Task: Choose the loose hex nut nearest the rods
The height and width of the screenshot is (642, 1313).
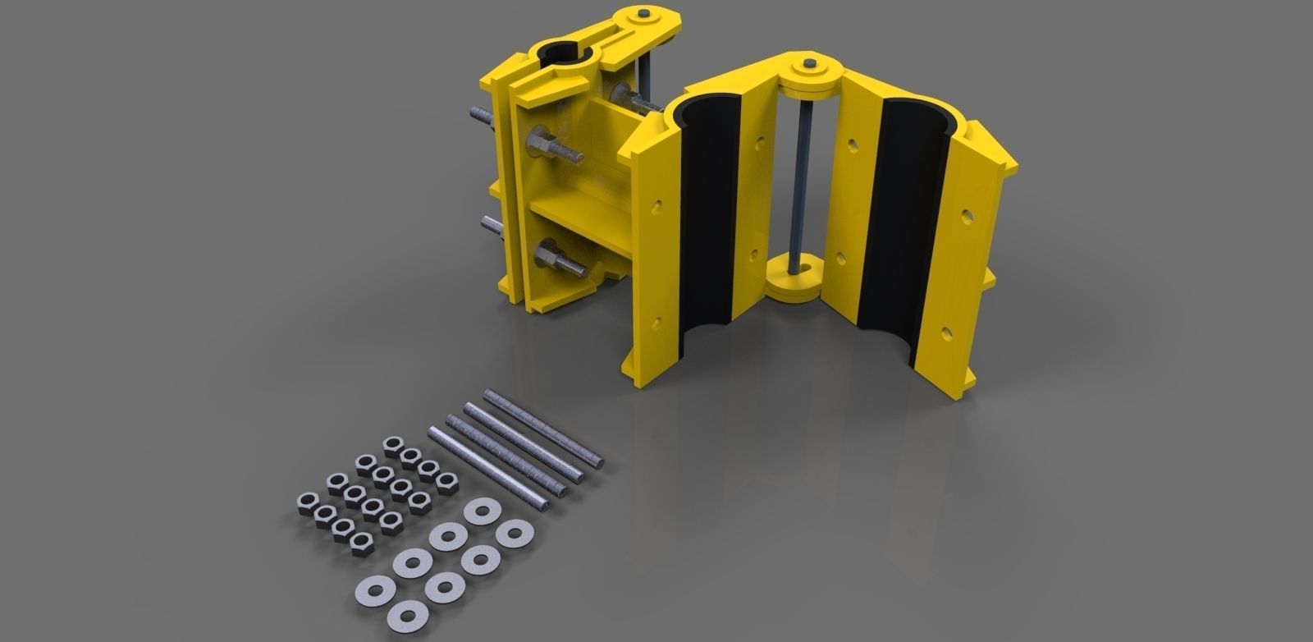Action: click(445, 479)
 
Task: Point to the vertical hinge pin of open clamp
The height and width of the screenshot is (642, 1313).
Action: click(798, 181)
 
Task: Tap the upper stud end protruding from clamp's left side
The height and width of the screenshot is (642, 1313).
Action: click(480, 119)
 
